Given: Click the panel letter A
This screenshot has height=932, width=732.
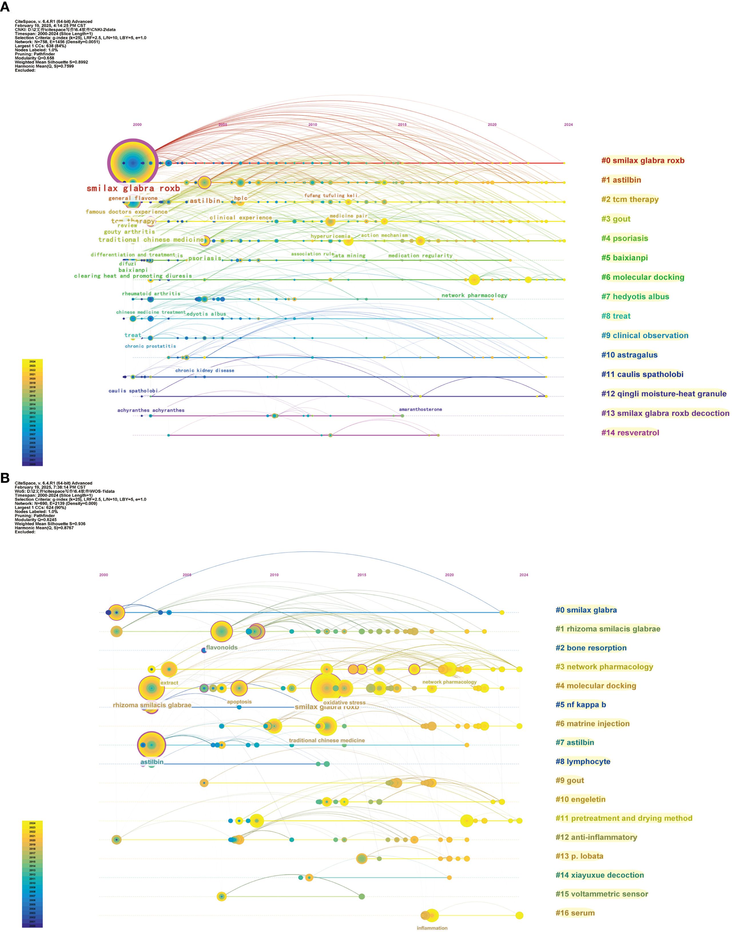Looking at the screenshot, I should [5, 7].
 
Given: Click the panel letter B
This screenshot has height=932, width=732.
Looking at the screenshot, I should [5, 478].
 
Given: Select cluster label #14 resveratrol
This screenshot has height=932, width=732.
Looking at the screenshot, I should [630, 432].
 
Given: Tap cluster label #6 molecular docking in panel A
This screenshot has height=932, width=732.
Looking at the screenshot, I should [643, 277].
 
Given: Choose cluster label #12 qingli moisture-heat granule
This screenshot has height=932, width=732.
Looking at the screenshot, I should [663, 393].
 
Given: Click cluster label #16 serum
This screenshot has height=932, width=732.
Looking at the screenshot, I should [575, 913].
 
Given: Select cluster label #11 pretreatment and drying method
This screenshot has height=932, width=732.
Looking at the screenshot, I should [624, 818].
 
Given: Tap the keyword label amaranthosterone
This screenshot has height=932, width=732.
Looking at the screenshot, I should [420, 409].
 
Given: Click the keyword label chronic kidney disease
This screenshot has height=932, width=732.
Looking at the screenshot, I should [204, 370].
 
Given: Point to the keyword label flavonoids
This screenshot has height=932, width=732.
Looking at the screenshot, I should [222, 647].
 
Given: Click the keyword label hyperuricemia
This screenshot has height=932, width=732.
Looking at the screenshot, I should [331, 236].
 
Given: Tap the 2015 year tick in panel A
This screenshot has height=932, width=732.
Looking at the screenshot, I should [402, 125].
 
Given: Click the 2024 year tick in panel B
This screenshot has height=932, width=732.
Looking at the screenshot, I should [524, 575].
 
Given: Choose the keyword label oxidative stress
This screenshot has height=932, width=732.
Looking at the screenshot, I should [344, 703].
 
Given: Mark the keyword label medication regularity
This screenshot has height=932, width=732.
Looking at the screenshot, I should [420, 256].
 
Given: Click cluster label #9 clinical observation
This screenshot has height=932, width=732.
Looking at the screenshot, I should [644, 335].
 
